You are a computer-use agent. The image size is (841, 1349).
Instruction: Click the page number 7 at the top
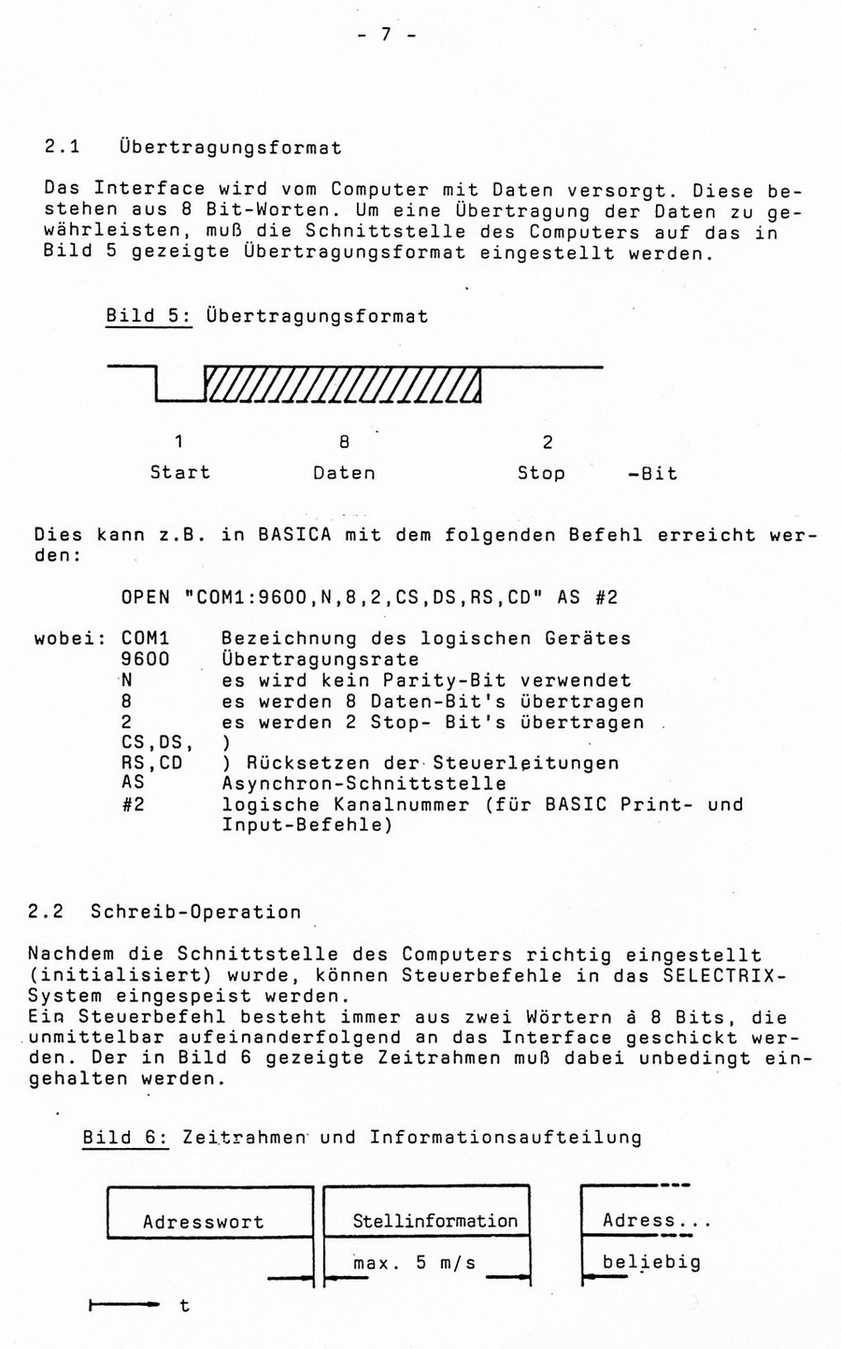(384, 36)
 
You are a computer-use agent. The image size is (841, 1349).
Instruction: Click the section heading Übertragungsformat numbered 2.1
(230, 148)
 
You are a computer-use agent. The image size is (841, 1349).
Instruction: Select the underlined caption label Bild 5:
(149, 316)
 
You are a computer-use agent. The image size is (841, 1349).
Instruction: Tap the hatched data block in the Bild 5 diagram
(342, 383)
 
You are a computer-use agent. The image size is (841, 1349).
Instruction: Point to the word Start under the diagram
(179, 473)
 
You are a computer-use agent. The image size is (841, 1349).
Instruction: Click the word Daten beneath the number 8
(344, 473)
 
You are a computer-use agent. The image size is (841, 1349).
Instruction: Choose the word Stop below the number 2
(541, 473)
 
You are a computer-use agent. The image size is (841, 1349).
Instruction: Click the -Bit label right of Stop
(652, 473)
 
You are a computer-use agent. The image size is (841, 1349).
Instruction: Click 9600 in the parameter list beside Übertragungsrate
(146, 660)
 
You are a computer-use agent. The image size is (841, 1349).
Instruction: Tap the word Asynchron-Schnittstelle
(363, 783)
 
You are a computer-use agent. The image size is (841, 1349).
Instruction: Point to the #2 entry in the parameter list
(133, 804)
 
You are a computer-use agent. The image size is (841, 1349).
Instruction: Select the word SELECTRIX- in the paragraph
(724, 975)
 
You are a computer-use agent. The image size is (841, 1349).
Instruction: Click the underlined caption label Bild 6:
(124, 1138)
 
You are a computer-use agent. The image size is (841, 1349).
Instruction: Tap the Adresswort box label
(203, 1222)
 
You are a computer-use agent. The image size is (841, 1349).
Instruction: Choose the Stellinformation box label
(435, 1221)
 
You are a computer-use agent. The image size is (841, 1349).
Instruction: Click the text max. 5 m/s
(414, 1263)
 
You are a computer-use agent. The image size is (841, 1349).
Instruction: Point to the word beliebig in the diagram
(650, 1263)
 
